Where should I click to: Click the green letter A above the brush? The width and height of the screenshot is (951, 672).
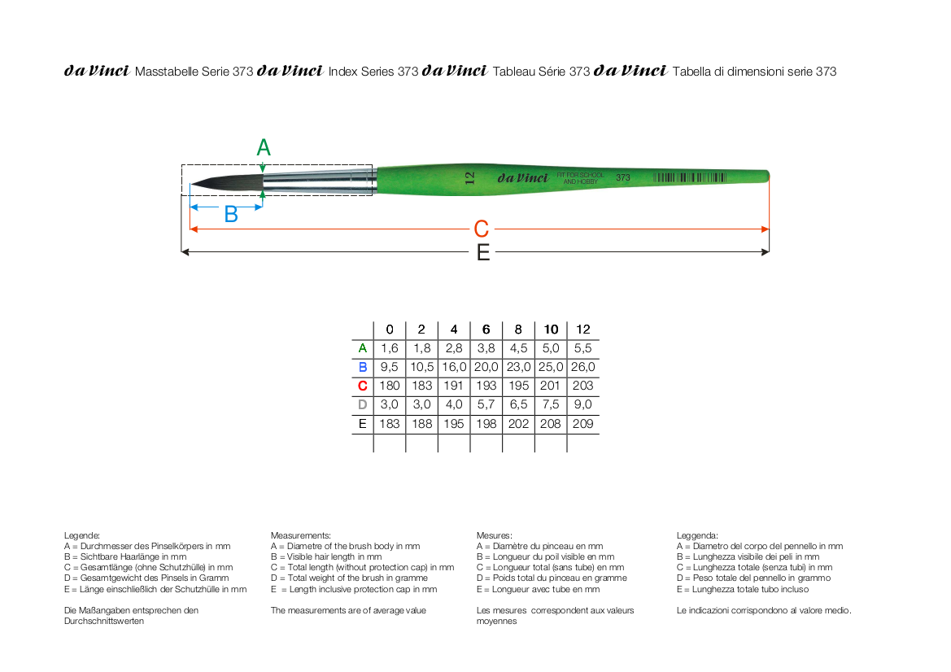[264, 147]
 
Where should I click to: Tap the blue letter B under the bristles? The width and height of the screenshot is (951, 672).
[231, 215]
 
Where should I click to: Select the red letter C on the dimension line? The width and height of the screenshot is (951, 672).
[481, 229]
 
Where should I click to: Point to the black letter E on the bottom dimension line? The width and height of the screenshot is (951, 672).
[483, 252]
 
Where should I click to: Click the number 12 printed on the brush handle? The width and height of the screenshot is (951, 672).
[469, 177]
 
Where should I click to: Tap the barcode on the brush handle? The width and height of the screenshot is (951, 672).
[690, 177]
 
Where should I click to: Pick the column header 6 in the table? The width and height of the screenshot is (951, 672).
[486, 329]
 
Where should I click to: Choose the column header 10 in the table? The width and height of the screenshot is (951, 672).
[551, 329]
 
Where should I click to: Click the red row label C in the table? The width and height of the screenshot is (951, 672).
[363, 386]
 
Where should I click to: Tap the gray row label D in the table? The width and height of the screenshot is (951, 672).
[363, 404]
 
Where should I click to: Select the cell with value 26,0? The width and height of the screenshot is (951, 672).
[582, 367]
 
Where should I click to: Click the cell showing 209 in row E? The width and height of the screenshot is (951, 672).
[582, 424]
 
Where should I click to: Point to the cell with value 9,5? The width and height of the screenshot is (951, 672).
[390, 367]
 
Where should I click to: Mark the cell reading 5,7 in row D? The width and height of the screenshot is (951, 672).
[486, 404]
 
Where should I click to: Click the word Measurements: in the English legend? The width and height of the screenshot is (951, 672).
[301, 535]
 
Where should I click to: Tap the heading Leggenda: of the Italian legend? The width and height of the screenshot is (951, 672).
[697, 535]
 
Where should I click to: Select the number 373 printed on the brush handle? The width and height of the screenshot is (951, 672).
[623, 177]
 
